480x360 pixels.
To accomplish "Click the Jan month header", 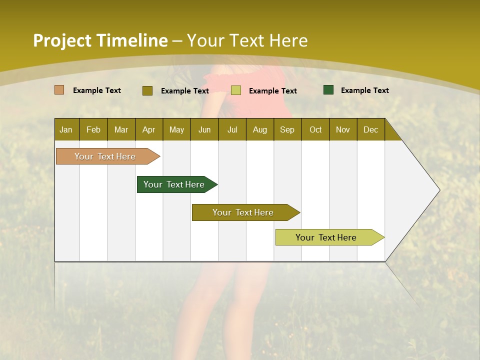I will coord(66,129).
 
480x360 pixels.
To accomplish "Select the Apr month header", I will coord(148,129).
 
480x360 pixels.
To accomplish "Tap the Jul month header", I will coord(232,129).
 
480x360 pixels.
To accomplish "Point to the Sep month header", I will coord(287,129).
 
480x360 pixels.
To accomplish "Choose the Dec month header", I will coord(370,129).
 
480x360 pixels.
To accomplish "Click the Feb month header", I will coord(93,129).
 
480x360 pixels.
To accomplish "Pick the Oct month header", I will coord(315,129).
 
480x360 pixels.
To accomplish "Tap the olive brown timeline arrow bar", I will coord(243,212).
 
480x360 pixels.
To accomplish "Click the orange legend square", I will coord(59,90).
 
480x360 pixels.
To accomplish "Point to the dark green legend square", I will coord(328,90).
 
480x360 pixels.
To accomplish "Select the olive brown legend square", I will coord(147,90).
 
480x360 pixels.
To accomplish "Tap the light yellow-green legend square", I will coord(236,90).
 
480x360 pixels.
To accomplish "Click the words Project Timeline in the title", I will coord(100,40).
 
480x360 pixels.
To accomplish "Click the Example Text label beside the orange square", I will coord(97,90).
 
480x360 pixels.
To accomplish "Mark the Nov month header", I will coord(343,129).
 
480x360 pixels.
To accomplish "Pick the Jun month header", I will coord(204,129).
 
